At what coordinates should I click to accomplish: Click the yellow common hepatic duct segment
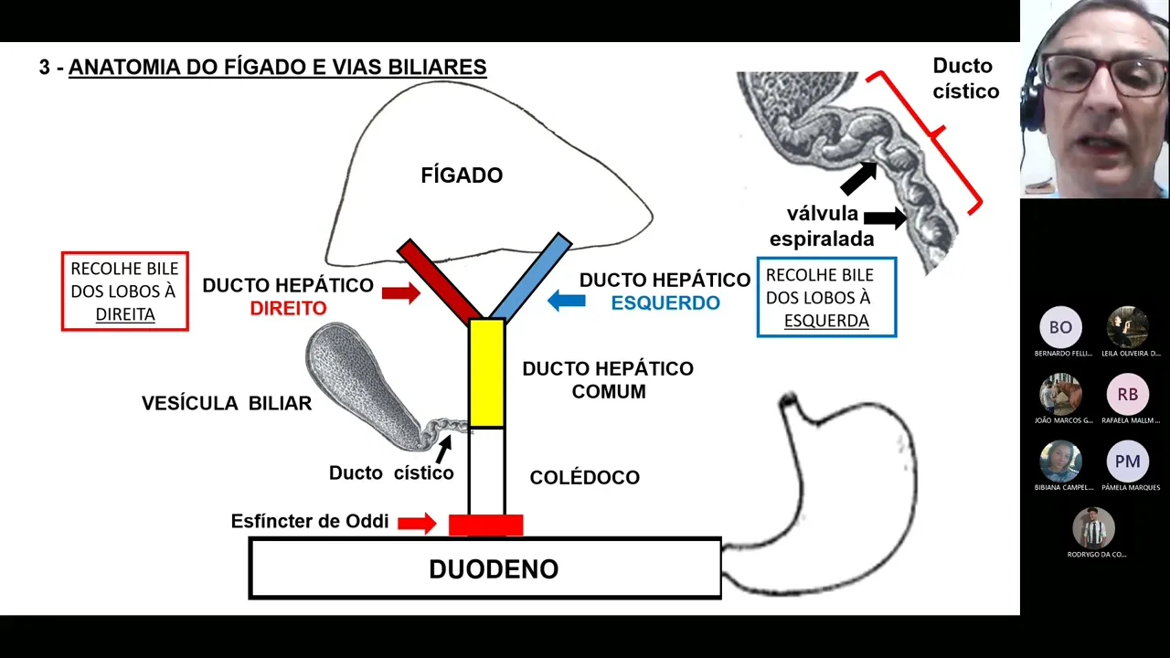point(486,373)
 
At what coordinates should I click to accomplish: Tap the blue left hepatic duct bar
point(532,277)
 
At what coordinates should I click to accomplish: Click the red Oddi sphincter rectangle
point(485,525)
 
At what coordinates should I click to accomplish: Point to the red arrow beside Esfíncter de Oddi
point(416,523)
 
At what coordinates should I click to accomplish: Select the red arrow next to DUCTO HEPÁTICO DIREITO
point(400,292)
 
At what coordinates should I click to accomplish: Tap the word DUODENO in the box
point(494,569)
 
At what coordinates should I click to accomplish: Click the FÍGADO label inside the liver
point(462,175)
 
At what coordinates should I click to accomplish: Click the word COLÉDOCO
point(585,477)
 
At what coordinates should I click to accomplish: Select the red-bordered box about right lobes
point(125,292)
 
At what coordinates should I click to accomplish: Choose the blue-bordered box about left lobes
point(826,298)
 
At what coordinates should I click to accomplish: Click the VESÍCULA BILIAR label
point(227,403)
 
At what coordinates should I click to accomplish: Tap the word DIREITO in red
point(288,308)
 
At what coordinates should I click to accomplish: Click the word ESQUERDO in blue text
point(665,303)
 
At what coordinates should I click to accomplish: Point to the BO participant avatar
point(1060,327)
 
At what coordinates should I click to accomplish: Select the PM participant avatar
point(1127,462)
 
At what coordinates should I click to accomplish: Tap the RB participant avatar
point(1127,395)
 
